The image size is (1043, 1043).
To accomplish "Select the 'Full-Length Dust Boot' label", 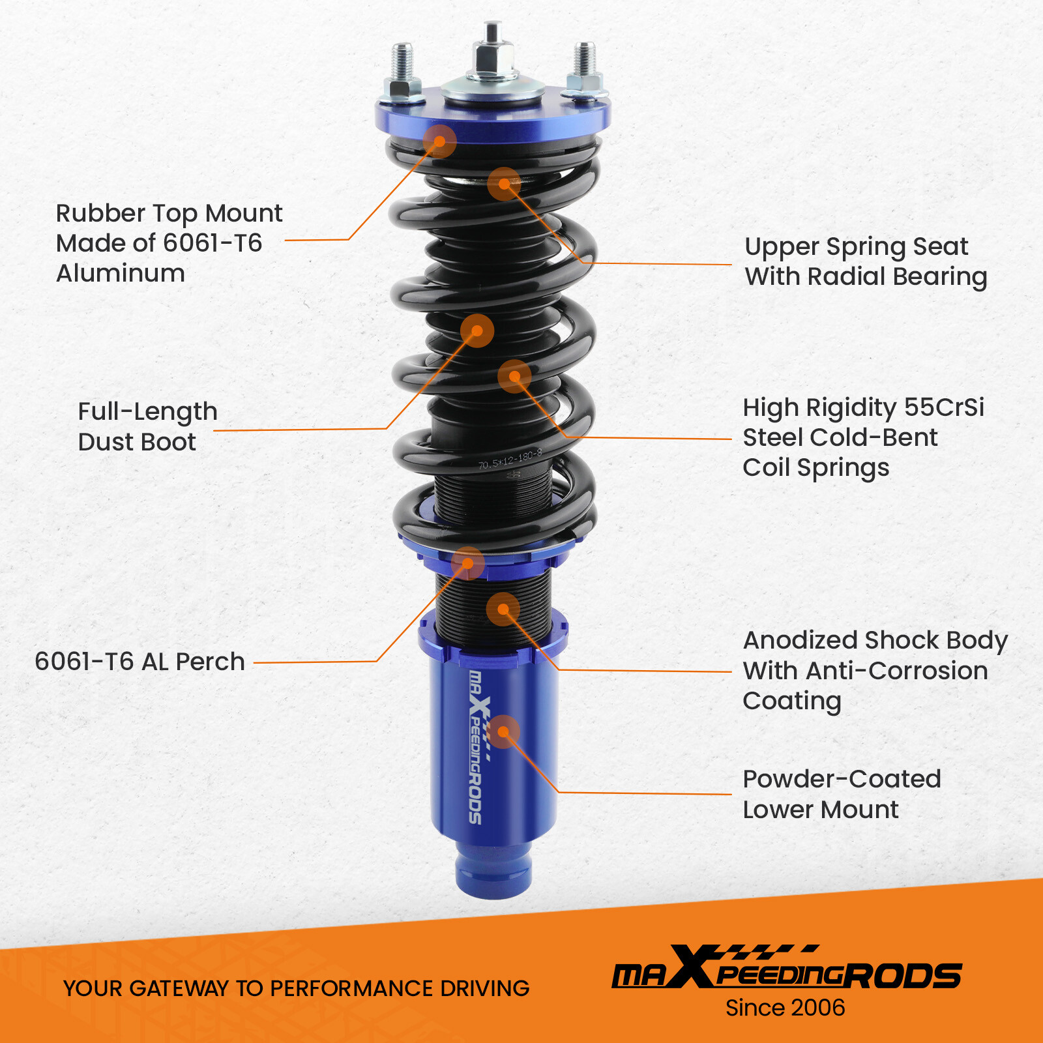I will point(147,426).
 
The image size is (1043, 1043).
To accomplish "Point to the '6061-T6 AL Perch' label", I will point(140,662).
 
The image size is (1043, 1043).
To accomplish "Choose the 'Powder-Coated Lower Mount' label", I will point(841,794).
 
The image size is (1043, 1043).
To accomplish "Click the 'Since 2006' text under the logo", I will point(785,1008).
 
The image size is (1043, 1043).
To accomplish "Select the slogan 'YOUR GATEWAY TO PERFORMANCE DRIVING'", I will point(296,988).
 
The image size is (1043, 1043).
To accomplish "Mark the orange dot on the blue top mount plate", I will point(439,141).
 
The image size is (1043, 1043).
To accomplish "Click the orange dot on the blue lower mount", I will point(503,732).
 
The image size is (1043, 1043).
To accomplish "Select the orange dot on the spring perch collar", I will point(467,563).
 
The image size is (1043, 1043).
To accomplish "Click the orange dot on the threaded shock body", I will point(503,610).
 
